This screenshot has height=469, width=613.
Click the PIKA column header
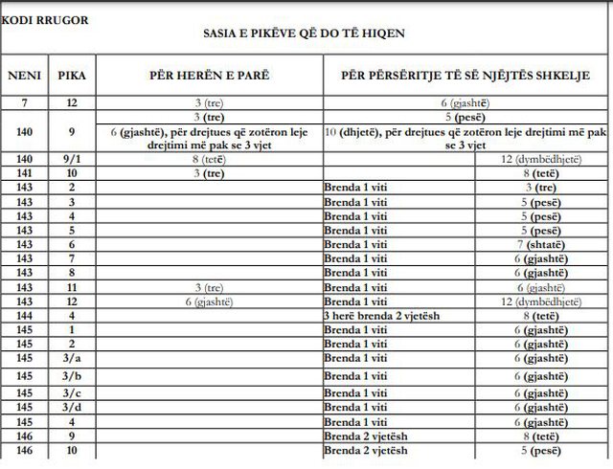coord(70,75)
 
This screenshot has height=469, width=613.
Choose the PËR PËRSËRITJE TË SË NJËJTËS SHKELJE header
coord(467,75)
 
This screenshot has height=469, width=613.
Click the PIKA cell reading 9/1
coord(70,159)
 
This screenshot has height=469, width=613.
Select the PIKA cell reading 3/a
coord(70,358)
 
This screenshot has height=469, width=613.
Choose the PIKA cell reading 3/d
coord(70,407)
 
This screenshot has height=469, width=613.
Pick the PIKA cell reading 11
coord(70,287)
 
